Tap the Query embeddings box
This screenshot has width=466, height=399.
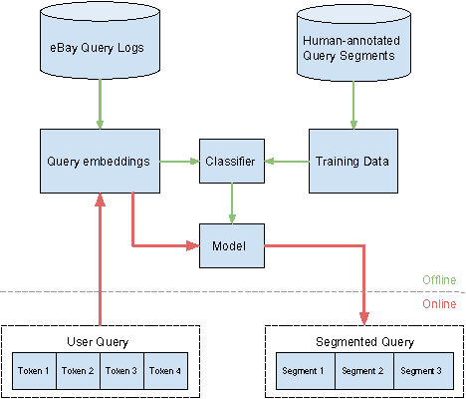tap(99, 161)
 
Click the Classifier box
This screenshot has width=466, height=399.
tap(232, 161)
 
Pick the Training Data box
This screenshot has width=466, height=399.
tap(352, 161)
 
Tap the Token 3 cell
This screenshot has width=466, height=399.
tap(122, 371)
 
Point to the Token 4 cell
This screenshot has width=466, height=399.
tap(165, 371)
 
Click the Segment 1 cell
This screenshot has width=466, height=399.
tap(304, 371)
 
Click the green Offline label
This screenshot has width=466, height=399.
tap(440, 280)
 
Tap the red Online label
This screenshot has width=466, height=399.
tap(440, 303)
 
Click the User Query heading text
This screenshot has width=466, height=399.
tap(101, 341)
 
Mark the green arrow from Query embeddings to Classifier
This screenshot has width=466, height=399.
tap(179, 161)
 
